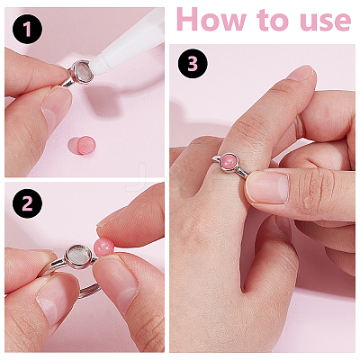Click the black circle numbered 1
pos(27,29)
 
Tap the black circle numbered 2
pos(27,203)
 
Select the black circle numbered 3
pos(193,63)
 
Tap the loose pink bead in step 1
pos(86,145)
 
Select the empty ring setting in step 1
pos(83,71)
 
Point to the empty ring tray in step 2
pos(78,256)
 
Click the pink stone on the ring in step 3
pos(229,162)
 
